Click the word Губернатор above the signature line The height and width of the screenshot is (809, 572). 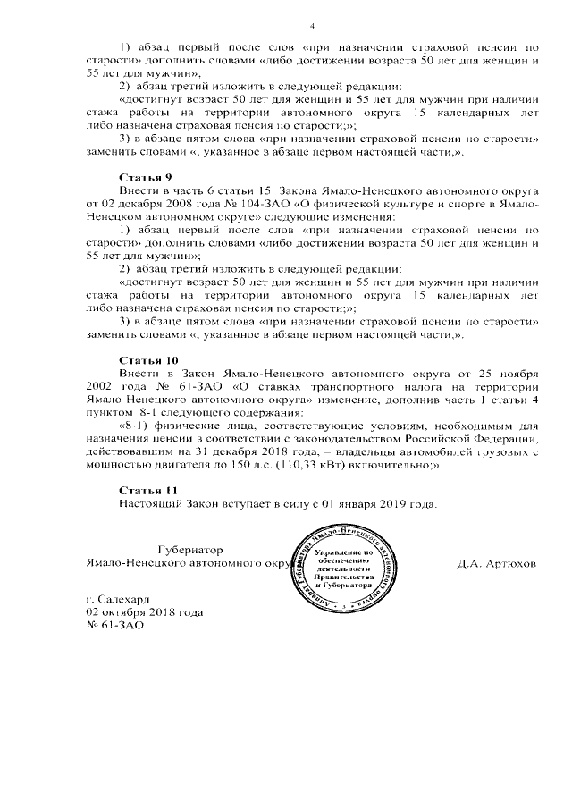(189, 550)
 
